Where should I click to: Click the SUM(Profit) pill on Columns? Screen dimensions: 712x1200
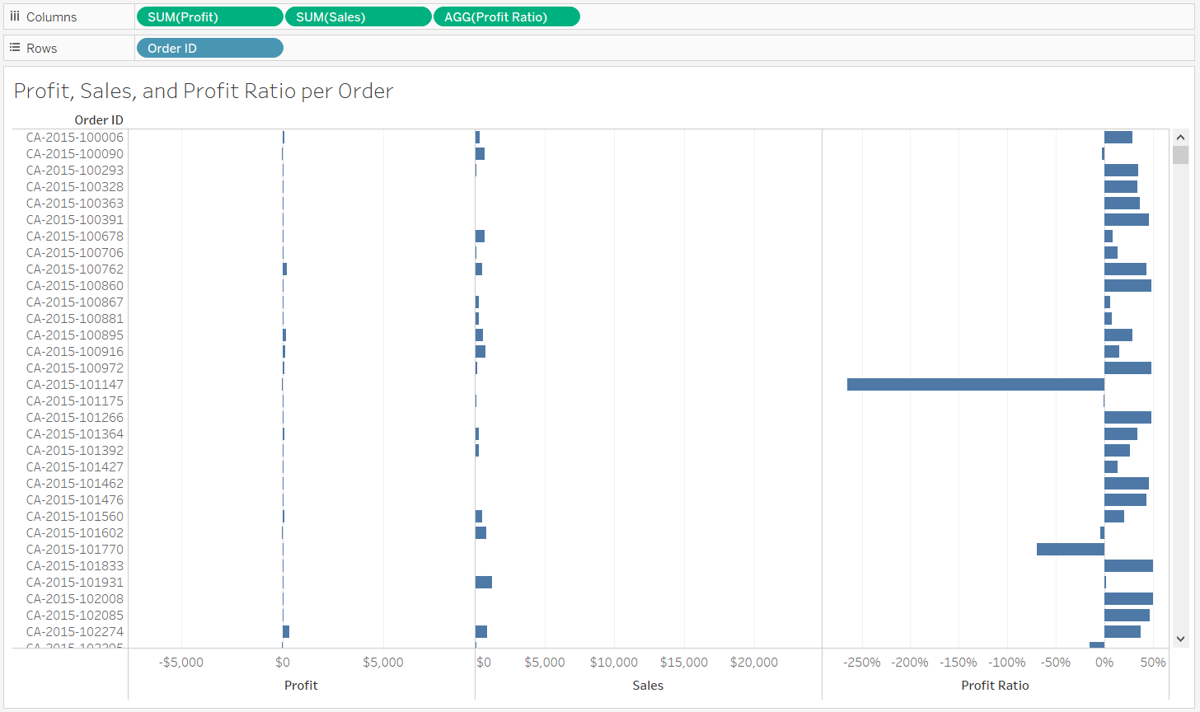[x=209, y=16]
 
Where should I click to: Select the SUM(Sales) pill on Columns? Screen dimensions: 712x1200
[x=358, y=16]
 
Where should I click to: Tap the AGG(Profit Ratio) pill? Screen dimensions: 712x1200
[x=506, y=16]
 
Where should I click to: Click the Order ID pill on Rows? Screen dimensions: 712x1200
[x=209, y=48]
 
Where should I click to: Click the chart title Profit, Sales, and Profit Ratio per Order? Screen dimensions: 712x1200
[x=204, y=91]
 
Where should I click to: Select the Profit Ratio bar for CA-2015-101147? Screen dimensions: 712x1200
[x=975, y=384]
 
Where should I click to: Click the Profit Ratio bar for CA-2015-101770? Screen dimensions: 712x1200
[x=1070, y=549]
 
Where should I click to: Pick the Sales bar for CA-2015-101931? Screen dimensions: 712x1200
[x=484, y=582]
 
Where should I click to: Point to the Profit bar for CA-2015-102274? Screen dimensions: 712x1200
[x=286, y=631]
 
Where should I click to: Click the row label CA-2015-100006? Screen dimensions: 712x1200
[x=75, y=138]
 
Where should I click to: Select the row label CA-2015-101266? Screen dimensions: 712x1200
[x=75, y=418]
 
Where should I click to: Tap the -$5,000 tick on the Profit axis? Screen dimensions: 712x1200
[x=182, y=663]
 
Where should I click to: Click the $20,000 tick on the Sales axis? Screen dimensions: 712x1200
[x=754, y=663]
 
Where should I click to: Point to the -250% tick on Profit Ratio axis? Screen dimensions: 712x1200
[x=863, y=663]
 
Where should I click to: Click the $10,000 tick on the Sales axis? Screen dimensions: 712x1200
[x=614, y=663]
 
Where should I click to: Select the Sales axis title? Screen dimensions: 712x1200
[x=648, y=686]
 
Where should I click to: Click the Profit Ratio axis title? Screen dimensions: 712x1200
[x=995, y=686]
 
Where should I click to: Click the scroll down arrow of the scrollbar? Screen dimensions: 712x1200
[x=1180, y=638]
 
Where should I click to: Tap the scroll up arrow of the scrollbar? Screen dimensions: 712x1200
[x=1180, y=138]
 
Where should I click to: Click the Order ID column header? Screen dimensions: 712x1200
[x=99, y=120]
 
